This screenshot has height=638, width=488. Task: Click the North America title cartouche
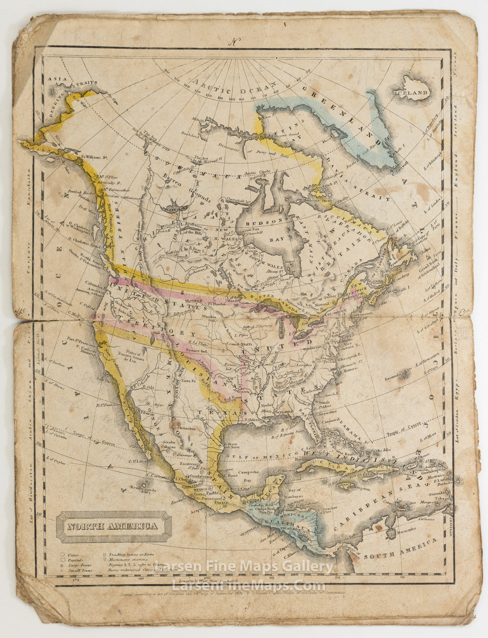[x=112, y=527]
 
